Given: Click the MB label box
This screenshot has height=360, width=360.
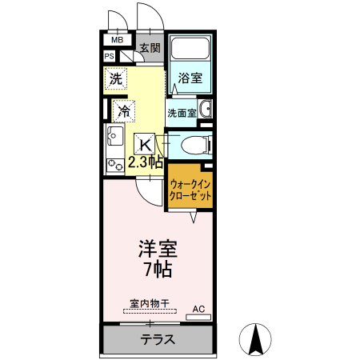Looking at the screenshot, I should pos(116,39).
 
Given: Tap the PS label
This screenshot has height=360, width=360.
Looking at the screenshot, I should pos(109,56).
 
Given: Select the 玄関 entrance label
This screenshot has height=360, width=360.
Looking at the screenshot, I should pos(150,49).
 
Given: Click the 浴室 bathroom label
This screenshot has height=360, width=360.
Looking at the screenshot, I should pos(190,78).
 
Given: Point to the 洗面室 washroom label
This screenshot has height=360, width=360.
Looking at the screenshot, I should pos(182,113).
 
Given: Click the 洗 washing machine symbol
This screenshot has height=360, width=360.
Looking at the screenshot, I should pos(116,79).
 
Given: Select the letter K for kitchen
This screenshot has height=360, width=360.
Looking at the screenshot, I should pos(145,144).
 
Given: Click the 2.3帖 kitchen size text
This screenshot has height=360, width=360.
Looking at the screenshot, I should pos(146,162).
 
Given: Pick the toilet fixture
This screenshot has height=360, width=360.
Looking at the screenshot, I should pos(194,145).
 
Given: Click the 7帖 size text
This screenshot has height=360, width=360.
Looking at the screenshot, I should pos(157,269).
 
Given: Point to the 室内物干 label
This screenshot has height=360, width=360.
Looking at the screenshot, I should pos(150,303).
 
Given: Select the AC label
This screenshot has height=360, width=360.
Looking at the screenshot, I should pos(198,308).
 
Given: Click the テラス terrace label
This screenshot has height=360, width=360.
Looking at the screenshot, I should pos(158,338).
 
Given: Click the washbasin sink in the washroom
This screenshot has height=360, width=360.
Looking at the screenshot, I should pos(205,110).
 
